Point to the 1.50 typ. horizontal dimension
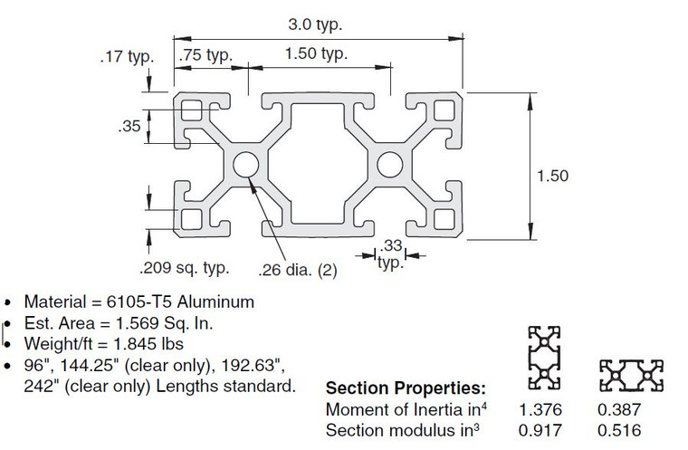tap(316, 54)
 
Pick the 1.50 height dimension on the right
tap(552, 176)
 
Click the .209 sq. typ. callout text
tap(184, 268)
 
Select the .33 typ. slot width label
tap(390, 253)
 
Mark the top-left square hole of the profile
tap(192, 111)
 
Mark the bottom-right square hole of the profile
tap(444, 220)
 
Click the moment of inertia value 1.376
tap(534, 410)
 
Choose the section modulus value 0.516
tap(616, 430)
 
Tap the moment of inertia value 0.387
tap(616, 410)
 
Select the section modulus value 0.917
tap(534, 430)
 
